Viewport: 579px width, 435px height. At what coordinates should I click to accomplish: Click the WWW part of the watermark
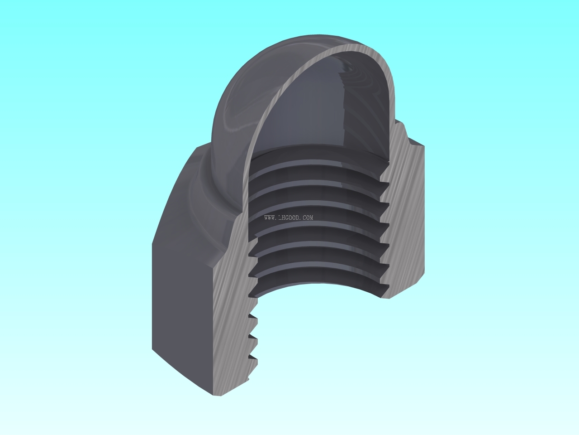pos(270,218)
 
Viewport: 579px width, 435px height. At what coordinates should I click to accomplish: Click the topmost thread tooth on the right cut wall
pos(384,185)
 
